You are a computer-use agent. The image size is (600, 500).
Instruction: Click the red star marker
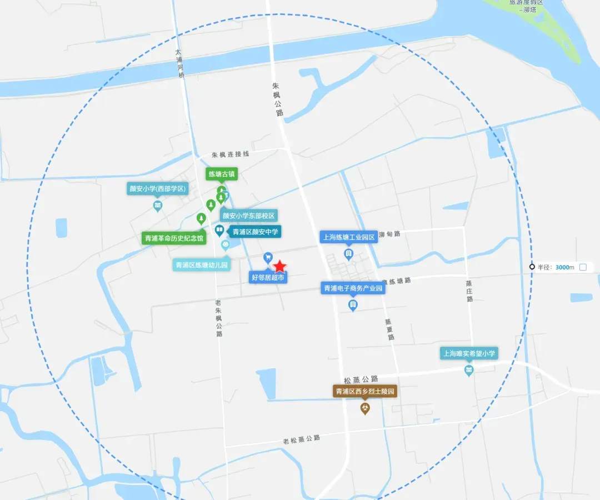[x=279, y=266]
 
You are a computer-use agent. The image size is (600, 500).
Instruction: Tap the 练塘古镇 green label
[x=222, y=174]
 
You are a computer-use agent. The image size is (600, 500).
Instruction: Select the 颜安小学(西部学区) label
[x=158, y=189]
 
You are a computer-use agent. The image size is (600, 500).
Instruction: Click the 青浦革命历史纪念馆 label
[x=174, y=238]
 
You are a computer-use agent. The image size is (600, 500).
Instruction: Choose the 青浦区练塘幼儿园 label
[x=202, y=265]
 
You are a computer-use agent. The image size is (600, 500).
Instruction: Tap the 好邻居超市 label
[x=268, y=277]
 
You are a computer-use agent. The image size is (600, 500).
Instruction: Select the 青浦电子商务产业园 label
[x=353, y=288]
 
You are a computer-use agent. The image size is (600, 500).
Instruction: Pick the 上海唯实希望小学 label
[x=469, y=353]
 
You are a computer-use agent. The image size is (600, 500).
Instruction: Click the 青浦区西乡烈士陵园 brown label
[x=365, y=392]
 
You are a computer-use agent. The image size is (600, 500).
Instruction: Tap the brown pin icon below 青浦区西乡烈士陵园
[x=365, y=409]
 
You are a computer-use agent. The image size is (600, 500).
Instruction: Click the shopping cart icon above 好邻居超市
[x=268, y=257]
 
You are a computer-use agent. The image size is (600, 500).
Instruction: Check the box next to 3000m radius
[x=583, y=267]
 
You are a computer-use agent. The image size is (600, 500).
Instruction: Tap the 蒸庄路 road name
[x=470, y=291]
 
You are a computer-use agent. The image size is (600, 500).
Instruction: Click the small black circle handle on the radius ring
[x=532, y=267]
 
